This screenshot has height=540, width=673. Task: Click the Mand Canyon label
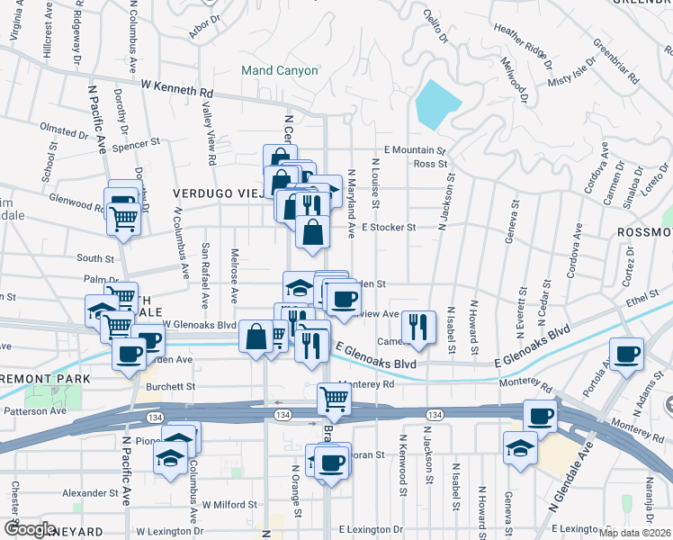click(279, 70)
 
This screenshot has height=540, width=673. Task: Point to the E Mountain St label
click(415, 150)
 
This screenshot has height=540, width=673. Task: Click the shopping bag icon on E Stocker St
click(311, 231)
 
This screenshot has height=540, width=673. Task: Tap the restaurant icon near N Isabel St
click(417, 326)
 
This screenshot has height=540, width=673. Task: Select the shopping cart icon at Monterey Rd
click(334, 397)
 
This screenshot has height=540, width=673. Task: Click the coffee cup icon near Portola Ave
click(627, 352)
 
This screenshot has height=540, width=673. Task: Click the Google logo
click(30, 529)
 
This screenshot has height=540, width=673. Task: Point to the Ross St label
click(430, 164)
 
